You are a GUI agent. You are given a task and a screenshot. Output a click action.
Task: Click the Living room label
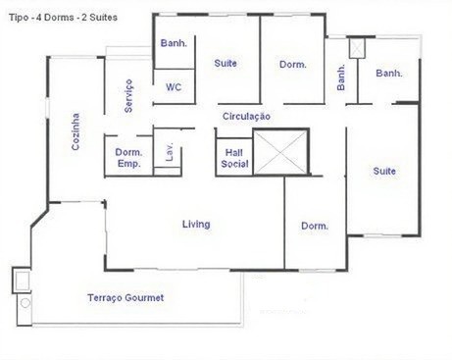tap(196, 225)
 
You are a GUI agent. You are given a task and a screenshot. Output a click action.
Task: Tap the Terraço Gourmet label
tap(126, 298)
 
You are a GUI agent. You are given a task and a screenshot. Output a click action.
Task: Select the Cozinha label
tap(75, 131)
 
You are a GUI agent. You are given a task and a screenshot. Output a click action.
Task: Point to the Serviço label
tap(128, 96)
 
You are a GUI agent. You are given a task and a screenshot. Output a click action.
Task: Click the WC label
tap(174, 87)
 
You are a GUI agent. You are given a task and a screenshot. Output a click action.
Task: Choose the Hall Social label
tap(234, 158)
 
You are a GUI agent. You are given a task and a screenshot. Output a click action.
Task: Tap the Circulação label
tap(246, 117)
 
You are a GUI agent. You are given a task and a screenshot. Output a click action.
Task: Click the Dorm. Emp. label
tap(128, 158)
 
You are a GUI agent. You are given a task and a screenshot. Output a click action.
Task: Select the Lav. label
tap(169, 152)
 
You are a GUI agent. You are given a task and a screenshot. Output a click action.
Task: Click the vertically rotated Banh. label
tap(341, 77)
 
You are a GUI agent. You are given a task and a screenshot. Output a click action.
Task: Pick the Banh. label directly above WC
tap(174, 43)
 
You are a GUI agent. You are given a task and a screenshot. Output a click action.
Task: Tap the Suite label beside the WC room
tap(226, 63)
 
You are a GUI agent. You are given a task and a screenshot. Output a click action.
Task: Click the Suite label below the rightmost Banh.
tap(384, 171)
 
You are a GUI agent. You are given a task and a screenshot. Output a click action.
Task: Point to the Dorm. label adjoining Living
tap(315, 226)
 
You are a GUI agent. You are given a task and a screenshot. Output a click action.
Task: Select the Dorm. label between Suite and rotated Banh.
tap(293, 65)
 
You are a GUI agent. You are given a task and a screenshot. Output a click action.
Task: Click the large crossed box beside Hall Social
tap(280, 152)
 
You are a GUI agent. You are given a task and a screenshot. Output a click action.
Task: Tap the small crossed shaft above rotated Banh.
tap(357, 48)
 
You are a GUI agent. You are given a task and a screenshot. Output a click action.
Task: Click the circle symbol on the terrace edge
tap(25, 303)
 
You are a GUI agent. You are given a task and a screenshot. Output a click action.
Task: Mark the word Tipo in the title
tap(19, 18)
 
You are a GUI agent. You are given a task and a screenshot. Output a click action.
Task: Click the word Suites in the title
tap(104, 18)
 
